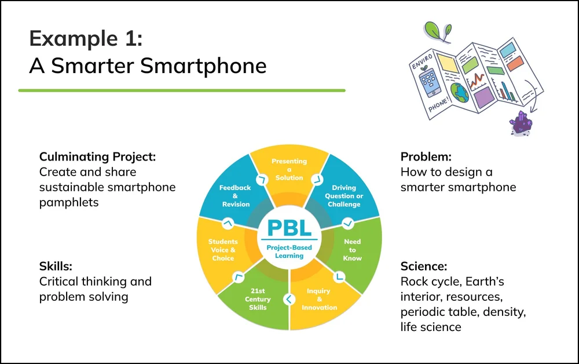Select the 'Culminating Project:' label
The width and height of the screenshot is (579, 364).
tap(98, 157)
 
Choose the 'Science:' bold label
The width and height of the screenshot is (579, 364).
tap(424, 267)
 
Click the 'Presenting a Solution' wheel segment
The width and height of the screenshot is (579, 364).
tap(289, 169)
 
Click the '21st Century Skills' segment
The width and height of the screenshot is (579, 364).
tap(258, 299)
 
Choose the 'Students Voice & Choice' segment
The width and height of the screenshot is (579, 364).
tap(223, 250)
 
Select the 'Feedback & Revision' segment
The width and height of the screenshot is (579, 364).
tap(235, 196)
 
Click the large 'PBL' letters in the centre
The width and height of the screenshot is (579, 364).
tap(289, 226)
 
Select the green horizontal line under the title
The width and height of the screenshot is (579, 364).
tap(182, 90)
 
